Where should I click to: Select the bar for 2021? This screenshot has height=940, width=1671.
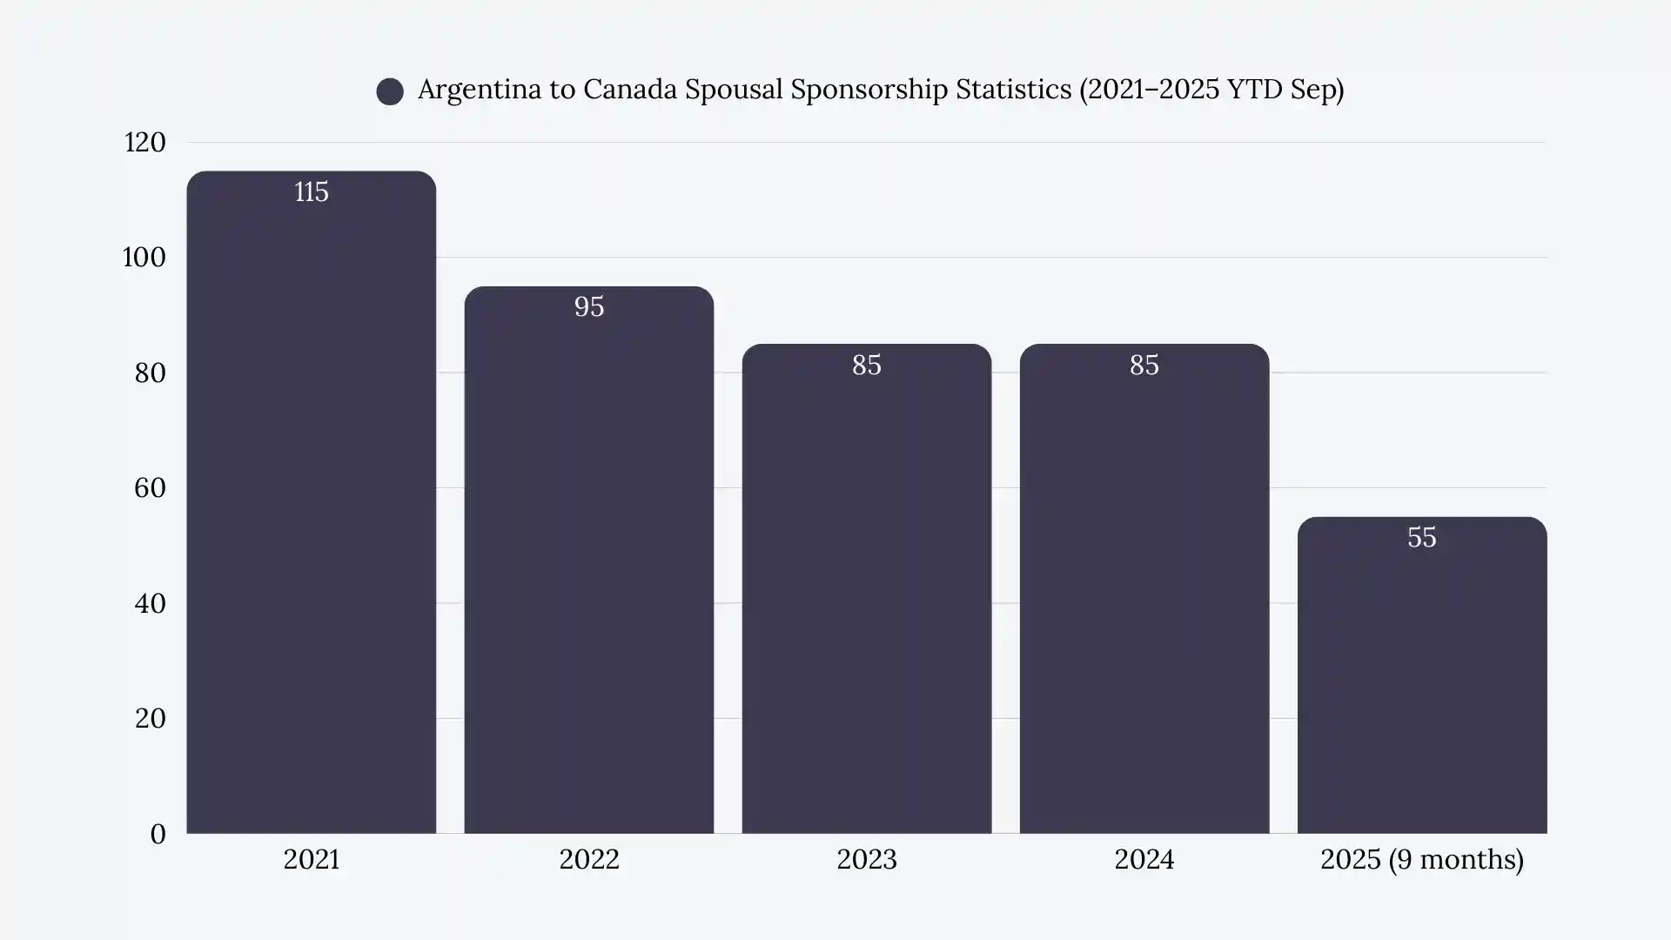(x=311, y=505)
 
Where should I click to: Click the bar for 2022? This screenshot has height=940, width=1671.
(x=588, y=561)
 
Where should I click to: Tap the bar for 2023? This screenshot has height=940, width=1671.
(x=866, y=592)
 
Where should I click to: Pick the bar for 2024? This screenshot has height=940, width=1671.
(x=1144, y=592)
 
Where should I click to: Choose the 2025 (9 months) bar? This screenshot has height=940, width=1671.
(x=1421, y=679)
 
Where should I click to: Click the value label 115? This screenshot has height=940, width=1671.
(x=311, y=191)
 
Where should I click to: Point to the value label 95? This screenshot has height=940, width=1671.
(x=588, y=306)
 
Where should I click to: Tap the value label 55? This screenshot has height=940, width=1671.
(x=1421, y=537)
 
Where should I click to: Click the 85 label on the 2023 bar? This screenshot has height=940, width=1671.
(x=866, y=365)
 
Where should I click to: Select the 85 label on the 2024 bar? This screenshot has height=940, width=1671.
(x=1144, y=365)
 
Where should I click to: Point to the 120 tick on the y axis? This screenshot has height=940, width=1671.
(x=144, y=142)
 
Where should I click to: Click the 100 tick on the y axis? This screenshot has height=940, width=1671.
(x=144, y=258)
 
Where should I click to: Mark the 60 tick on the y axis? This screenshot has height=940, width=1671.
(x=150, y=487)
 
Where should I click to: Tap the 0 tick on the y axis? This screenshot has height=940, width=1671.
(x=158, y=834)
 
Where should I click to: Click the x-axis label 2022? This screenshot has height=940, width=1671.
(x=588, y=859)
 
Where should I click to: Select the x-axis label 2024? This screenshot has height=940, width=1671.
(x=1144, y=859)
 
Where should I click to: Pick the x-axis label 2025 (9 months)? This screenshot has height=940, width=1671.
(x=1421, y=859)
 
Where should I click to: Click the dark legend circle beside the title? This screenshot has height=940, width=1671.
(x=390, y=91)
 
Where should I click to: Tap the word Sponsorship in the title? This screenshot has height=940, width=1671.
(x=869, y=90)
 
